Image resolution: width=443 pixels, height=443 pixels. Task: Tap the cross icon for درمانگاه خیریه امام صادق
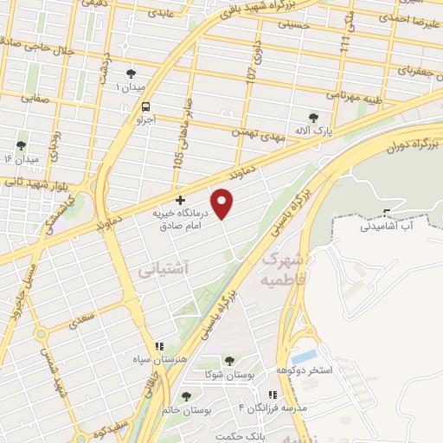point(180,200)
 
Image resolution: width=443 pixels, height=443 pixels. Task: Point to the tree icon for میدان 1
point(131,74)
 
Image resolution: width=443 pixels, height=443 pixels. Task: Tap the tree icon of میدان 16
point(22,145)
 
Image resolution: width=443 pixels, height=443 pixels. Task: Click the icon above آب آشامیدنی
point(387,212)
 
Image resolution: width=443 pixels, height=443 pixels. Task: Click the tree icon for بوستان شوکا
point(229,361)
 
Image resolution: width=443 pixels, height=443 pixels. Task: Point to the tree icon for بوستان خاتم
point(186,396)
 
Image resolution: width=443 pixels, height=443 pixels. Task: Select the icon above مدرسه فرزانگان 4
point(273,395)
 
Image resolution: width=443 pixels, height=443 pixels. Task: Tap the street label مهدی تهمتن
point(256,132)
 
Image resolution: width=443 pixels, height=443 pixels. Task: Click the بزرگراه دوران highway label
point(410,140)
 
